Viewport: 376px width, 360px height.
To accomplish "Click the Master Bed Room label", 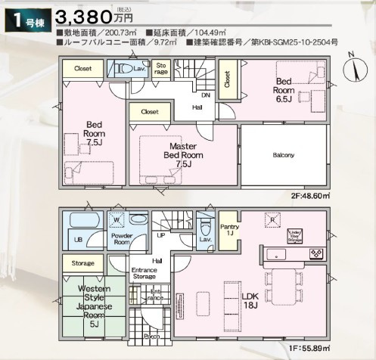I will click(x=183, y=155).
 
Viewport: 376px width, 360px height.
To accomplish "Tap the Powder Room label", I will click(x=122, y=240).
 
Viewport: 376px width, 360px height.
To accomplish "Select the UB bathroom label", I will click(x=76, y=241).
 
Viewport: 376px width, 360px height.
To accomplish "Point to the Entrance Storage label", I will click(x=144, y=275).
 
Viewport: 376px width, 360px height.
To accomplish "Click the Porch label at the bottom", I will click(x=151, y=336).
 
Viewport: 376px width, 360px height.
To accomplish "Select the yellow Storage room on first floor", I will click(x=83, y=263).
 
